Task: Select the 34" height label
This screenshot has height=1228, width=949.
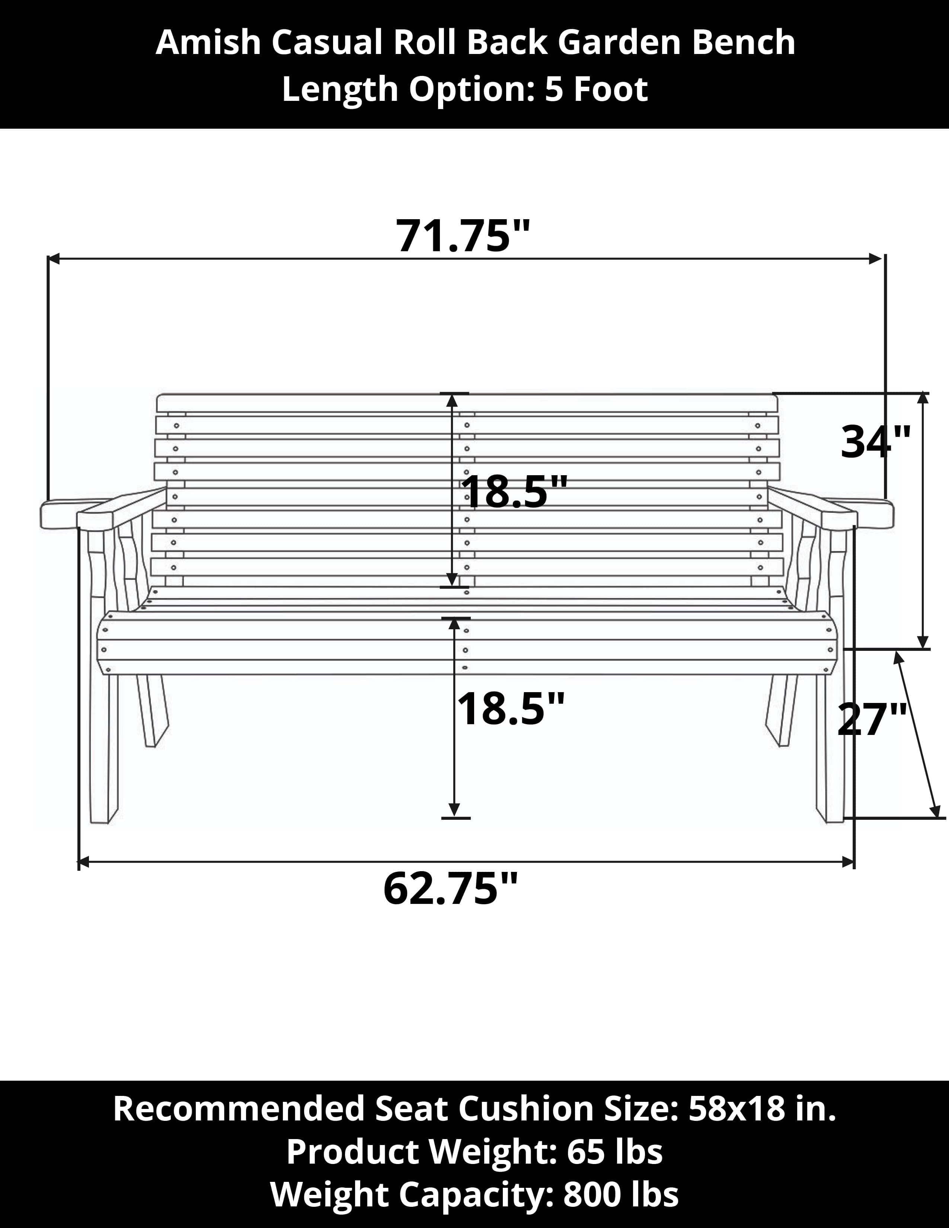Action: pyautogui.click(x=875, y=442)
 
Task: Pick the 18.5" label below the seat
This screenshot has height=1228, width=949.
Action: pyautogui.click(x=510, y=709)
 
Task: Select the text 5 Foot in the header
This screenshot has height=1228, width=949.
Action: pyautogui.click(x=596, y=89)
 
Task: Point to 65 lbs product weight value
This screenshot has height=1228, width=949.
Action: pyautogui.click(x=614, y=1152)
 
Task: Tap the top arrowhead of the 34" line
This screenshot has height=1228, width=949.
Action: pyautogui.click(x=923, y=397)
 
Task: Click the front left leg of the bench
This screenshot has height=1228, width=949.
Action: pyautogui.click(x=104, y=748)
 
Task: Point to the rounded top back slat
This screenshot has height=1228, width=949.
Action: pyautogui.click(x=467, y=403)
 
